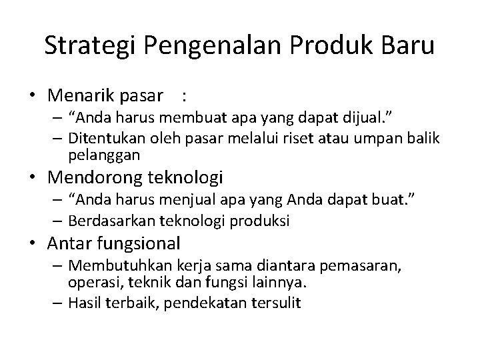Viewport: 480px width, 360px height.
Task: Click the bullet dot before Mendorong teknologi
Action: (32, 178)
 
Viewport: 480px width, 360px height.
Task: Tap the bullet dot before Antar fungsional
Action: (32, 244)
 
